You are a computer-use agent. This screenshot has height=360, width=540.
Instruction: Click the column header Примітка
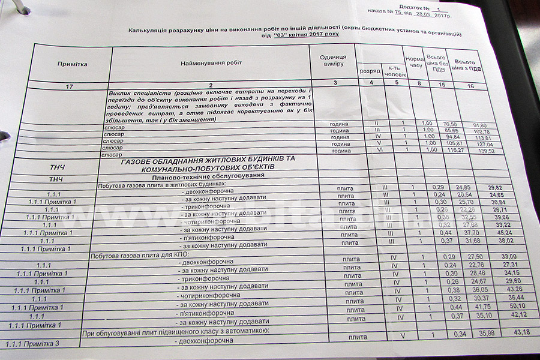73,63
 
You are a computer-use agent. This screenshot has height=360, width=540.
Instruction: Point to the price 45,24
484,233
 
